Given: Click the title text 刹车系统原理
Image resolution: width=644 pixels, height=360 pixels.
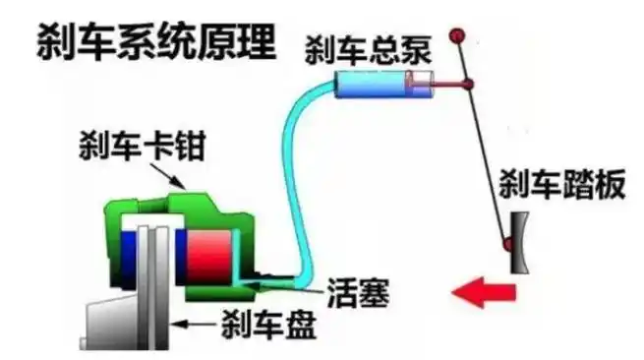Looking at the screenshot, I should click(x=155, y=40).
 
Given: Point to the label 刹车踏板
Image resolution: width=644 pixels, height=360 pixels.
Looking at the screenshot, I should click(x=561, y=186).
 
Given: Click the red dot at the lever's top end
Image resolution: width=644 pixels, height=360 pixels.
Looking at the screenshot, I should click(x=456, y=37).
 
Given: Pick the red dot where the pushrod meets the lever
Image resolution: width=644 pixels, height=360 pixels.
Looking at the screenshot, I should click(x=468, y=87).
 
